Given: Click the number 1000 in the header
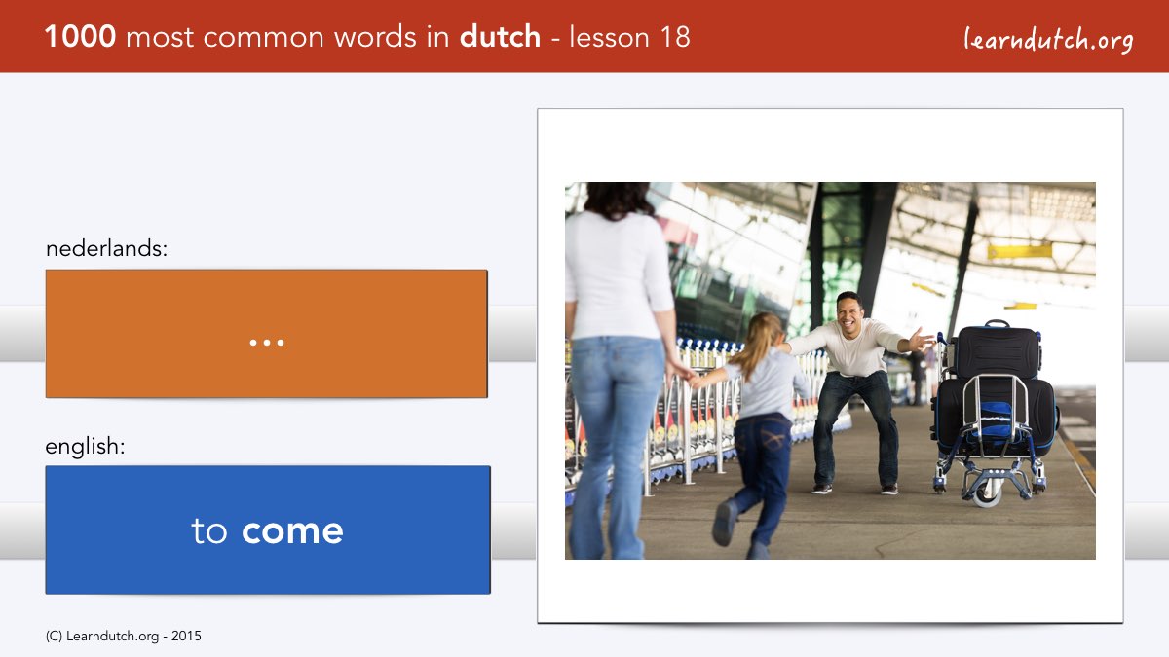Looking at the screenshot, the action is pos(80,37).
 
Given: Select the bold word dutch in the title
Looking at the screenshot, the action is pos(500,37).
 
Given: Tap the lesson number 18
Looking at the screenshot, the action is pos(675,37).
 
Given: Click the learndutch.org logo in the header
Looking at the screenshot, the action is pos(1048,39).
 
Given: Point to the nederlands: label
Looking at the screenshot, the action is pos(106,248).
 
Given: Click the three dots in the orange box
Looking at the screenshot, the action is pos(267,343).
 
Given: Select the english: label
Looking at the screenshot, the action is pos(85,447).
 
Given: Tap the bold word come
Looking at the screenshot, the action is pos(292,531).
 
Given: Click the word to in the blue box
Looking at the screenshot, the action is pos(209,530).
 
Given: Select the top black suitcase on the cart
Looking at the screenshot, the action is pos(998,351).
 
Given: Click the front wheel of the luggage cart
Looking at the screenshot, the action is pos(987,493).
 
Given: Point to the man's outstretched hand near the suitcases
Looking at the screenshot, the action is pos(922,341).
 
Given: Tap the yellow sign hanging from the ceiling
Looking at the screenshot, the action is pos(1019,252).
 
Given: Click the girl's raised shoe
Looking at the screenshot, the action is pos(725,522).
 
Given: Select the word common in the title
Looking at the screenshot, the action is pos(264,38).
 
